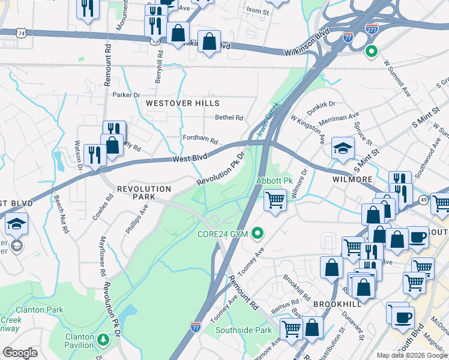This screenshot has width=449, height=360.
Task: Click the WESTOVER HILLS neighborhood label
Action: coord(182,103)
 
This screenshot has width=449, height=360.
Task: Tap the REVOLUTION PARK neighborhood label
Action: coord(144,189)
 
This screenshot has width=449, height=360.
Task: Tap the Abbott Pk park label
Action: coord(274,181)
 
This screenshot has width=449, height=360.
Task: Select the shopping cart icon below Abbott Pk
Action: coord(275,200)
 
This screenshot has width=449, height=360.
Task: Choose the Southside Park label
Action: coord(245,330)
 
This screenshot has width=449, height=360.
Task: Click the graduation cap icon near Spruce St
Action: coord(343,148)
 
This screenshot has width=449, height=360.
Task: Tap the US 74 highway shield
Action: coord(22,34)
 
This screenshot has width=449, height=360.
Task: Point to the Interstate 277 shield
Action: coord(372,28)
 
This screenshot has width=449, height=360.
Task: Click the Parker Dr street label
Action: coord(126,95)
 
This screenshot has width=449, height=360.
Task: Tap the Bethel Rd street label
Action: coord(229,118)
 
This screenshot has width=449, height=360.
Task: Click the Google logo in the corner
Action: coord(20,353)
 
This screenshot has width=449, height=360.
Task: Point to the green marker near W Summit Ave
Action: coord(372,52)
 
